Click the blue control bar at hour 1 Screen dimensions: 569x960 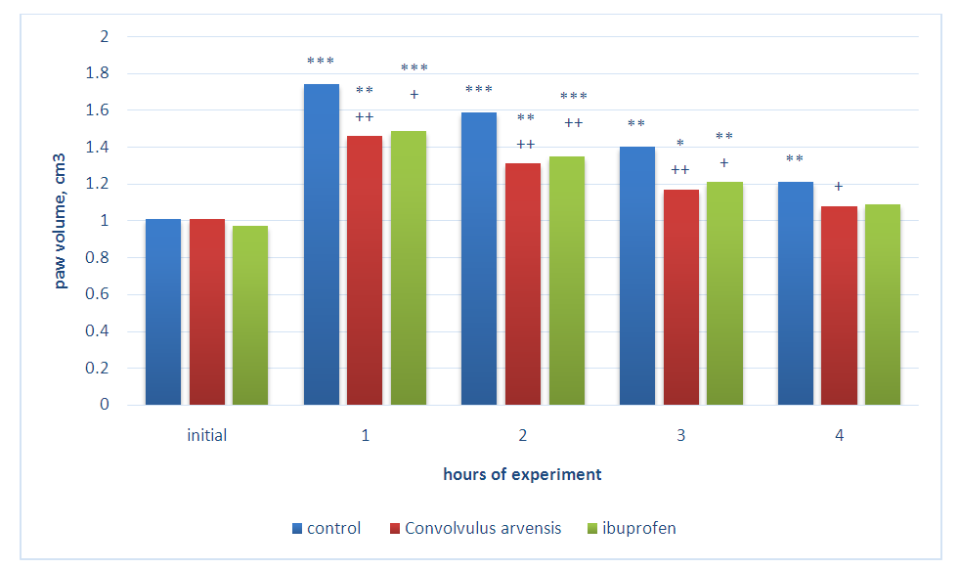point(321,244)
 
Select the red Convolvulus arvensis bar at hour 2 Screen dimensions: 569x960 point(522,284)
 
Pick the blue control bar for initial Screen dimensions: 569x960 point(162,312)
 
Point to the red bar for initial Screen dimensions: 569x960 point(206,312)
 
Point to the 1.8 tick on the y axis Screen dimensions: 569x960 point(100,74)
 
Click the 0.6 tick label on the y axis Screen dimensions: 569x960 point(100,294)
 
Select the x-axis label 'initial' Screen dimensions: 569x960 point(206,435)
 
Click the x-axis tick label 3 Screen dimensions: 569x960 point(681,435)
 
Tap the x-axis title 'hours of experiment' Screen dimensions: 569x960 point(522,475)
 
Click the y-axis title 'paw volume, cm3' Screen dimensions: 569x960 point(61,221)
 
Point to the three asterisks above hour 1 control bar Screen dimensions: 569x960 point(321,62)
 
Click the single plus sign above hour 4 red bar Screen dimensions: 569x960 point(838,186)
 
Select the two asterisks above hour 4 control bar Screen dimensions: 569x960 point(795,159)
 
